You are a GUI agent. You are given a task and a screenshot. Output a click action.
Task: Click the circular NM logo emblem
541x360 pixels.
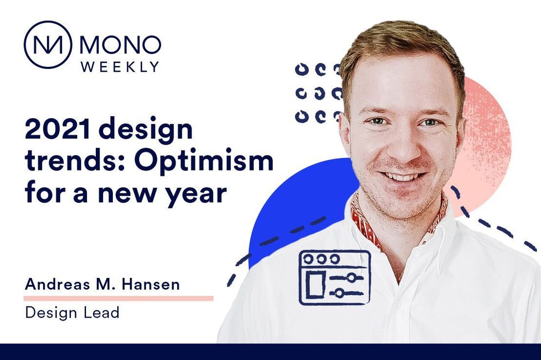coord(47,44)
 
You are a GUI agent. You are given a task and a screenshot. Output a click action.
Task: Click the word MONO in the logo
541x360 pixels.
coord(120,44)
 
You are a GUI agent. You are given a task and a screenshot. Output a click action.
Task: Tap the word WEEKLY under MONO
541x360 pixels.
coord(120,66)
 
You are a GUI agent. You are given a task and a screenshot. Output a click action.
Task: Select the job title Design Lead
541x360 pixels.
coord(72,313)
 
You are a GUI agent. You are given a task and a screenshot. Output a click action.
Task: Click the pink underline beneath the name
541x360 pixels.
coord(118,298)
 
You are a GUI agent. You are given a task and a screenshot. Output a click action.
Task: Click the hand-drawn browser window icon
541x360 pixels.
coord(335,277)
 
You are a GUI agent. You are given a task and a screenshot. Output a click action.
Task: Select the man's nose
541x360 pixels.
coord(403,145)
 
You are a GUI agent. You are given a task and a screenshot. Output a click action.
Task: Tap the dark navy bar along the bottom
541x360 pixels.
coord(271,351)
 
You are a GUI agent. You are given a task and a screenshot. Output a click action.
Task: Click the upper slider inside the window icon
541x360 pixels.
coord(346,277)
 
